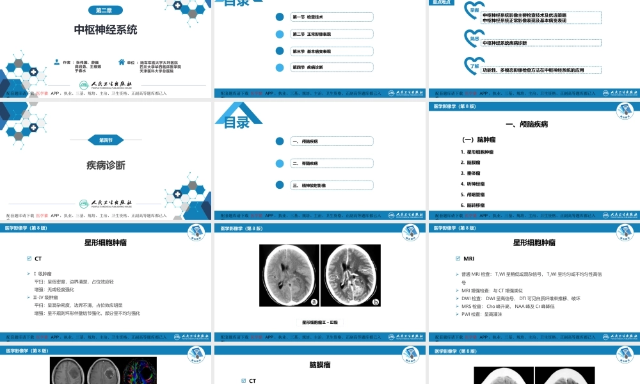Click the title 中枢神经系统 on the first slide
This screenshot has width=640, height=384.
[x=105, y=29]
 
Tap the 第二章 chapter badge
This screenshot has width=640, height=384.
[x=105, y=11]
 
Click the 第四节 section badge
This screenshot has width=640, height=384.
[x=105, y=140]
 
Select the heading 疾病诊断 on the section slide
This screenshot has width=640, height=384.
[x=106, y=165]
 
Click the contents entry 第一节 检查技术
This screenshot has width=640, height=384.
[x=312, y=17]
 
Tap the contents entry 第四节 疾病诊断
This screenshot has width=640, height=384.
[x=308, y=67]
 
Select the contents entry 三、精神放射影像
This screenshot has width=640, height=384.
[x=309, y=185]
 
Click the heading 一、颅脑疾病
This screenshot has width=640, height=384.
[x=527, y=124]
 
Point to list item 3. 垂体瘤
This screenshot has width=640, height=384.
[x=474, y=173]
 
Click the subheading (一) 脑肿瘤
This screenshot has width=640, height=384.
[x=479, y=139]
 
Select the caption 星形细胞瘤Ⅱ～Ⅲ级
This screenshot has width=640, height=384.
[x=319, y=323]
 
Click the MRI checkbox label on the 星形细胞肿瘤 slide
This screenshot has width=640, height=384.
[x=468, y=259]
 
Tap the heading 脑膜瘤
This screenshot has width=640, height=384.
[x=319, y=365]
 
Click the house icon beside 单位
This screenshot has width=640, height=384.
[x=122, y=62]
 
